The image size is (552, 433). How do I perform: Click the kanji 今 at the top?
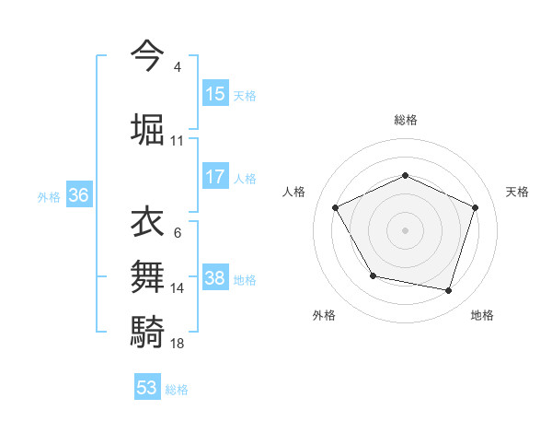pos(148,55)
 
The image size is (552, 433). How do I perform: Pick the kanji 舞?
pos(148,277)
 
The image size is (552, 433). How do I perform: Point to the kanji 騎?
pos(148,331)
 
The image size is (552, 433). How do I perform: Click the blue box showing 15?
pos(215,94)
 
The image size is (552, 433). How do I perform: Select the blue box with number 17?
pos(215,176)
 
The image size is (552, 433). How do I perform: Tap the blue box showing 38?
pos(215,278)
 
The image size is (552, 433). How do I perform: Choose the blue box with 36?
pos(78,195)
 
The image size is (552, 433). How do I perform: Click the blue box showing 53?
pos(147,388)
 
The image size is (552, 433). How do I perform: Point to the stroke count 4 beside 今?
pos(177,67)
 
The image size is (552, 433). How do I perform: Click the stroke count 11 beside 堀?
pos(177,141)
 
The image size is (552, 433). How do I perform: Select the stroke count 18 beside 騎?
pos(177,343)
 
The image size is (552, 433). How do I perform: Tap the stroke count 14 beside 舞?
pos(177,288)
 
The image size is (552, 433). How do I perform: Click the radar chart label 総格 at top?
pos(405,120)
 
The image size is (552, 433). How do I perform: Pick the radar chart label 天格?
pos(517,192)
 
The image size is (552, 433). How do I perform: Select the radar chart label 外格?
pos(324,315)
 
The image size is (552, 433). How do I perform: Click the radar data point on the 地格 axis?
pos(448,290)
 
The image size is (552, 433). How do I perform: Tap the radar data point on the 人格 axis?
pos(336,206)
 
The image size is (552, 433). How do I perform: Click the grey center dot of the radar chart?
pos(405,229)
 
